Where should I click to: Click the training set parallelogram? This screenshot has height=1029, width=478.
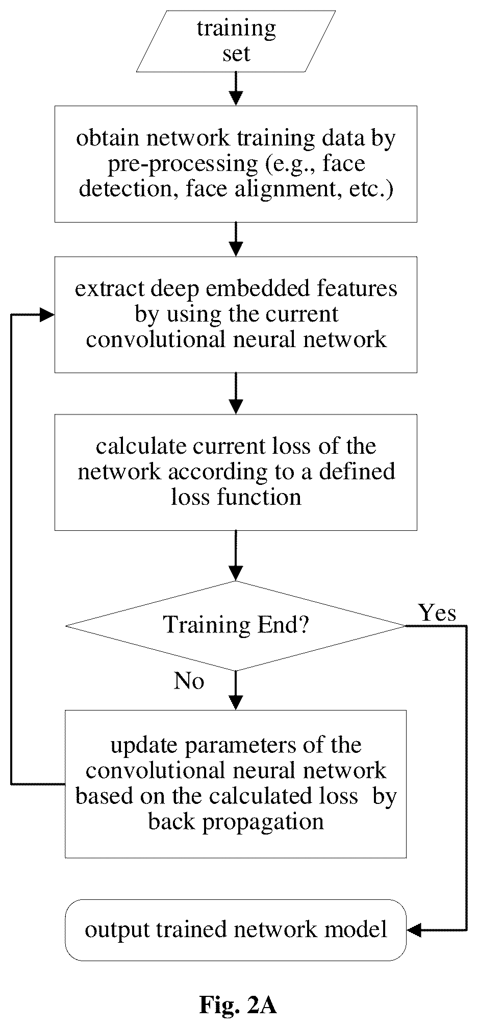(236, 41)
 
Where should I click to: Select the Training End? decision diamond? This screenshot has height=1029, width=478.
(236, 625)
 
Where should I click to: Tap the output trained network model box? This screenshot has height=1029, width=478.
(236, 930)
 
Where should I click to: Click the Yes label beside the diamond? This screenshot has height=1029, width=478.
(437, 611)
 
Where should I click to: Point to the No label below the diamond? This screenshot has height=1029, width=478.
(189, 680)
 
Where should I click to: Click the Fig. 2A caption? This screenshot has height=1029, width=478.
(238, 1005)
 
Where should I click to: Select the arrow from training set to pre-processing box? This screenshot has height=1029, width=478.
(236, 89)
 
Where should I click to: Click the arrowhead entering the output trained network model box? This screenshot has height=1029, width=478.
(414, 930)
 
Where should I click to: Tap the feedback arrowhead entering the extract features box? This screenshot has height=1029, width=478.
(47, 314)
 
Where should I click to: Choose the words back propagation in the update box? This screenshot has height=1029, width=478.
(236, 822)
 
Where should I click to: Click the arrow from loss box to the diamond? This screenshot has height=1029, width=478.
(236, 555)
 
